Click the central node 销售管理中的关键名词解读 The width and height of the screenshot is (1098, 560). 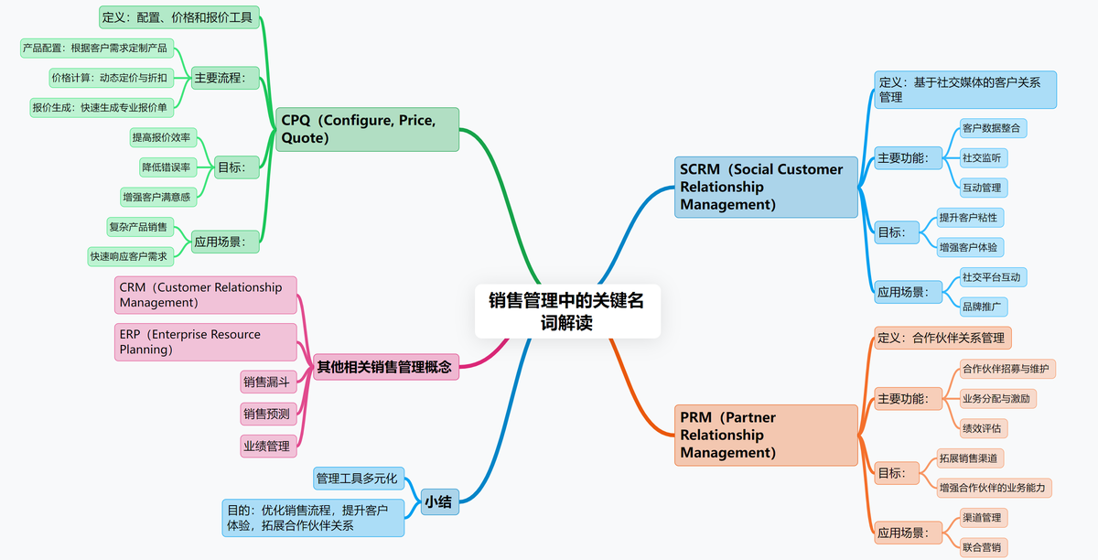point(567,311)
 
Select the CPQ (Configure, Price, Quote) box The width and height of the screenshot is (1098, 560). point(368,129)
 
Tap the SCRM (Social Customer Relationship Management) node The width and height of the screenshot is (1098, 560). point(766,187)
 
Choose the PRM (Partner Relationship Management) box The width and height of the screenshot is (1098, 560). point(766,435)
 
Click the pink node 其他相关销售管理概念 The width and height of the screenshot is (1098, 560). point(384,368)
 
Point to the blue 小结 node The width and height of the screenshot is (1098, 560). point(440,501)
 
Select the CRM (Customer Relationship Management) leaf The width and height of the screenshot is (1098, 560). point(205,295)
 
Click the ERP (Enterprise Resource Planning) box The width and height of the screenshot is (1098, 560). point(205,341)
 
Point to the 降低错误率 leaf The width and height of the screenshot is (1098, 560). point(167,167)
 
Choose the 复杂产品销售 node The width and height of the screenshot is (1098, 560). point(138,226)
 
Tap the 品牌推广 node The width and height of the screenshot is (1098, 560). point(983,307)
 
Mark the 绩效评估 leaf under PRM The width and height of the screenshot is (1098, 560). point(983,428)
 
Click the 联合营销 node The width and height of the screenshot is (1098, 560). point(983,547)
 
